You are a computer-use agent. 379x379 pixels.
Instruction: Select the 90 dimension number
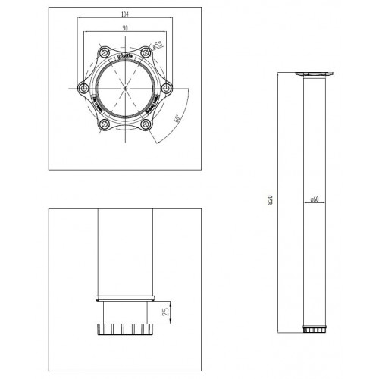click(x=124, y=28)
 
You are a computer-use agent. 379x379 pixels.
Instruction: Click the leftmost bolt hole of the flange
click(x=84, y=89)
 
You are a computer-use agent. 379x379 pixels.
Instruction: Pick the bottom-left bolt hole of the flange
click(x=104, y=123)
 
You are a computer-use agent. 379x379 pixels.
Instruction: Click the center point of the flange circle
click(x=124, y=89)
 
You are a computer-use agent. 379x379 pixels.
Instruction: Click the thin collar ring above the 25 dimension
click(x=125, y=296)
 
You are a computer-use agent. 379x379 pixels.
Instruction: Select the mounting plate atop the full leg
click(x=312, y=74)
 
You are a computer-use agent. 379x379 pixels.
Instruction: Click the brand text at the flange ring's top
click(x=124, y=56)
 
